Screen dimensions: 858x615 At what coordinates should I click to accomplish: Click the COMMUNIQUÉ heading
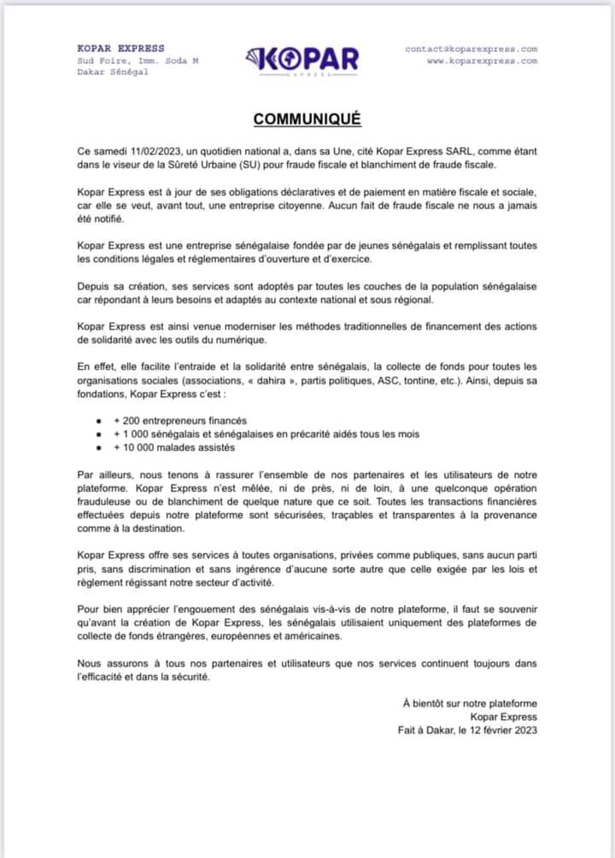click(x=307, y=119)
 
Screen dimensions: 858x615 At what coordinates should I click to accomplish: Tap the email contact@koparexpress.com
click(x=471, y=49)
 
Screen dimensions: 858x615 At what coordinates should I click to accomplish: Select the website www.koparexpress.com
click(x=482, y=61)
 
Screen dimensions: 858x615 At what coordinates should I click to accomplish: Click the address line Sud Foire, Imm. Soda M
click(x=138, y=61)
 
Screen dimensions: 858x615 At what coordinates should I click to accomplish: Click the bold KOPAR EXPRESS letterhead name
click(x=120, y=49)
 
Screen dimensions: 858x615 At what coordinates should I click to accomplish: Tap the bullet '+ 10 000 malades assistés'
click(x=173, y=447)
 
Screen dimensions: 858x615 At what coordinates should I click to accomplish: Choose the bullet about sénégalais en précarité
click(x=266, y=434)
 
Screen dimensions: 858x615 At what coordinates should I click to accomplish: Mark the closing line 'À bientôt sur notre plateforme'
click(x=470, y=703)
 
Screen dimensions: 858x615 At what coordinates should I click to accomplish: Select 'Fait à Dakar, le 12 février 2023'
click(x=467, y=730)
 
